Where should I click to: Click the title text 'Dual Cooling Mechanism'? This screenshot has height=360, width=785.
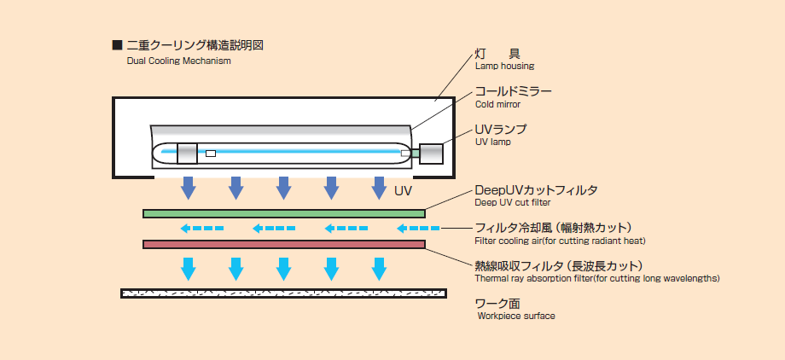pos(178,61)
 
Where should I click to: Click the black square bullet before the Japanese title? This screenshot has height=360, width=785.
pos(116,45)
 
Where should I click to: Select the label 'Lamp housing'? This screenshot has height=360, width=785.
pos(504,66)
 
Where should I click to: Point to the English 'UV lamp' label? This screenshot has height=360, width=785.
pos(493,142)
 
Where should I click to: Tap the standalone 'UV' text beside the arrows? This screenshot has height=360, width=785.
pos(404,190)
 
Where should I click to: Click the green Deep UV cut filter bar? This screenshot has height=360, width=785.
pos(284,212)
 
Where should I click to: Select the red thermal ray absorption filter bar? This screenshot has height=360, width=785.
pos(284,244)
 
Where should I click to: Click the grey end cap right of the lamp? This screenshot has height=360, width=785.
pos(430,153)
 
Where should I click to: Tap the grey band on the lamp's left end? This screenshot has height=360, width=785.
pos(187,153)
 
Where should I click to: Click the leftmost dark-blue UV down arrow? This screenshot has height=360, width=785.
pos(189,187)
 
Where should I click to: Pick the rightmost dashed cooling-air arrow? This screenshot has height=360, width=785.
pos(418,229)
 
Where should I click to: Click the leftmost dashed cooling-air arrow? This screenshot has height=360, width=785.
pos(201,229)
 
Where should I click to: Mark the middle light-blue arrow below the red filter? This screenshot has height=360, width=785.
pos(284,268)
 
